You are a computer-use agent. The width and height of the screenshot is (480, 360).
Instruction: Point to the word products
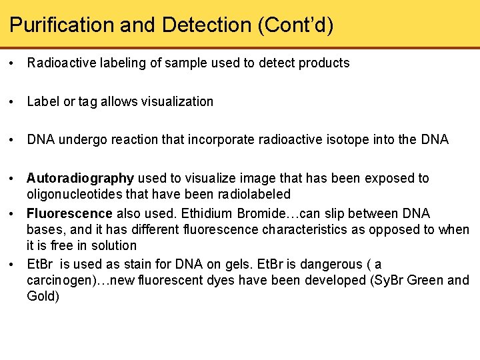pos(325,63)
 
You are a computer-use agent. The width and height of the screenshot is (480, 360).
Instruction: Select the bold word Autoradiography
pos(80,178)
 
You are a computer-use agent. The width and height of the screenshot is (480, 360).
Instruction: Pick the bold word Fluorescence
pos(69,213)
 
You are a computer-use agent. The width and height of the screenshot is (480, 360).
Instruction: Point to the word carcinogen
pos(57,280)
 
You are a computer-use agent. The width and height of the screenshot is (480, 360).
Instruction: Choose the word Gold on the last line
pos(39,296)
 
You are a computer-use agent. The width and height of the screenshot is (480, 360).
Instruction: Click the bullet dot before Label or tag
pos(13,102)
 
